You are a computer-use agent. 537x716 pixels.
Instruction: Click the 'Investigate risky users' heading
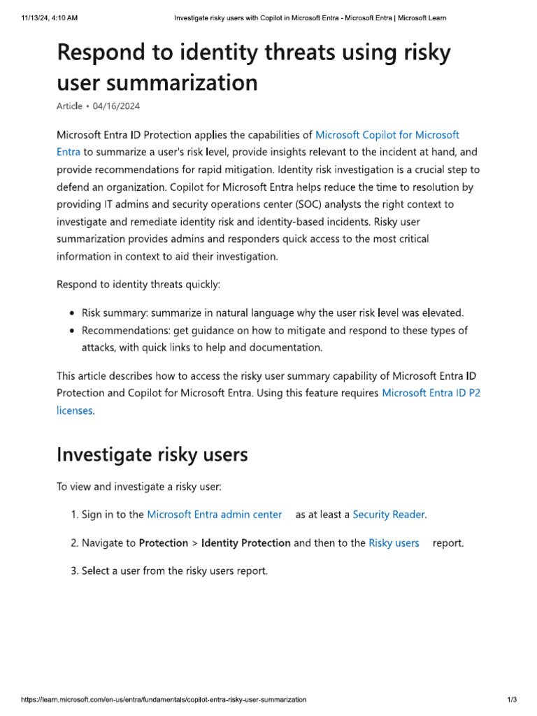(152, 454)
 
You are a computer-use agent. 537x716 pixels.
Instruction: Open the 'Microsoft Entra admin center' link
(214, 514)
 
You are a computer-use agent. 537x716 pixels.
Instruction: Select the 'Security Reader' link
(388, 514)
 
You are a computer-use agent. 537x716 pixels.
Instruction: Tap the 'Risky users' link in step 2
(394, 543)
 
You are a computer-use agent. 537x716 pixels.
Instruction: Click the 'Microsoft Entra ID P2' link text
(431, 393)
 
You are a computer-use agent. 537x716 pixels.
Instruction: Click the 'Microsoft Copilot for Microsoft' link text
(387, 134)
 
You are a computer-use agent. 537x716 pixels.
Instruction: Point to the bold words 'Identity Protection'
(245, 543)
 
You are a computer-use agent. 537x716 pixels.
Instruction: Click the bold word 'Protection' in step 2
(163, 543)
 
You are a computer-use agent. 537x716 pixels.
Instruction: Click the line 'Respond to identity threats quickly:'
(138, 285)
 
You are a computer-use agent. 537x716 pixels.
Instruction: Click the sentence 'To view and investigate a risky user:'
(138, 486)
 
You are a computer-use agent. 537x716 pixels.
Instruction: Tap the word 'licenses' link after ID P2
(73, 410)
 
